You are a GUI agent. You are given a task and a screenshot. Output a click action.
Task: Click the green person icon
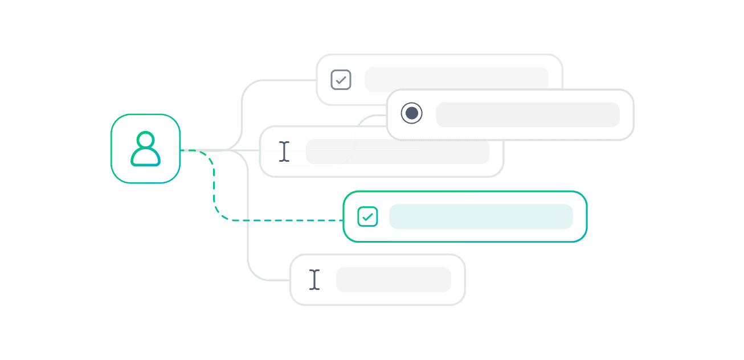tap(145, 149)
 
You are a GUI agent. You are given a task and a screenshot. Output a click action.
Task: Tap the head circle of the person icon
tap(145, 140)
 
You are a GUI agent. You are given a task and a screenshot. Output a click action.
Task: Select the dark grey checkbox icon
tap(341, 80)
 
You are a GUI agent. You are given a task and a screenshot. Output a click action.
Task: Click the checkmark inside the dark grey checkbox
tap(341, 80)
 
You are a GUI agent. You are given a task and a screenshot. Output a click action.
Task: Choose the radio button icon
tap(411, 113)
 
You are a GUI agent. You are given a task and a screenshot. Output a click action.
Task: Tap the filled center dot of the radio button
tap(411, 113)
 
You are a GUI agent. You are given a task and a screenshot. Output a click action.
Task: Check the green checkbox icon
tap(367, 216)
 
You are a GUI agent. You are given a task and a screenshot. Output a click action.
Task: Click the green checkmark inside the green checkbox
tap(367, 217)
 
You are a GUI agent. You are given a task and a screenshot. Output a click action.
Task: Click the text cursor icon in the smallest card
tap(314, 279)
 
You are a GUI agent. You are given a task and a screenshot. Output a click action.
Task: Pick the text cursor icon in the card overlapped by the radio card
tap(284, 152)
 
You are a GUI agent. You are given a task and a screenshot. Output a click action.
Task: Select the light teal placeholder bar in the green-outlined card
tap(481, 216)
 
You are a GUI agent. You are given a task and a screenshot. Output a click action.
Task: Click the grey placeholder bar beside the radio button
tap(528, 114)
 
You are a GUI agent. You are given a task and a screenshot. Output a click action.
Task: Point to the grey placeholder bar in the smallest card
tap(393, 279)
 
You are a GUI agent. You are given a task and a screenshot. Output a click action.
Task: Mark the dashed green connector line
tap(273, 220)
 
